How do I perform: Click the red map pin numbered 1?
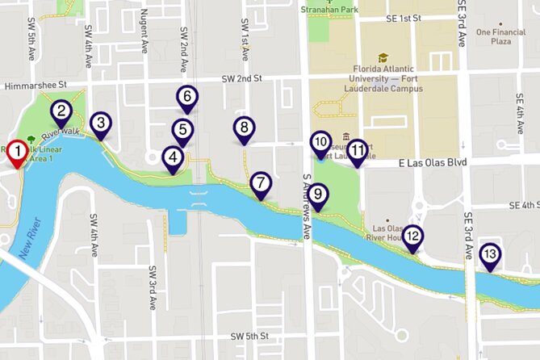(x=16, y=150)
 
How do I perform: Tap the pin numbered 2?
(x=61, y=113)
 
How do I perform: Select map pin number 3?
(x=100, y=123)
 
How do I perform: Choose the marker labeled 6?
(x=186, y=98)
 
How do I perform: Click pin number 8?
(x=243, y=128)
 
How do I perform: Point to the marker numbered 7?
(x=260, y=183)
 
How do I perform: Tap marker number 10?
(x=320, y=143)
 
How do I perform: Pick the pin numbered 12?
(x=412, y=237)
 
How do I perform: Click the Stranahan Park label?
(x=329, y=10)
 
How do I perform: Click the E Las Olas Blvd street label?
(x=433, y=162)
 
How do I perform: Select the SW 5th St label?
(x=249, y=336)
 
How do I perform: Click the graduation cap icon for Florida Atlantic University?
(x=383, y=58)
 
